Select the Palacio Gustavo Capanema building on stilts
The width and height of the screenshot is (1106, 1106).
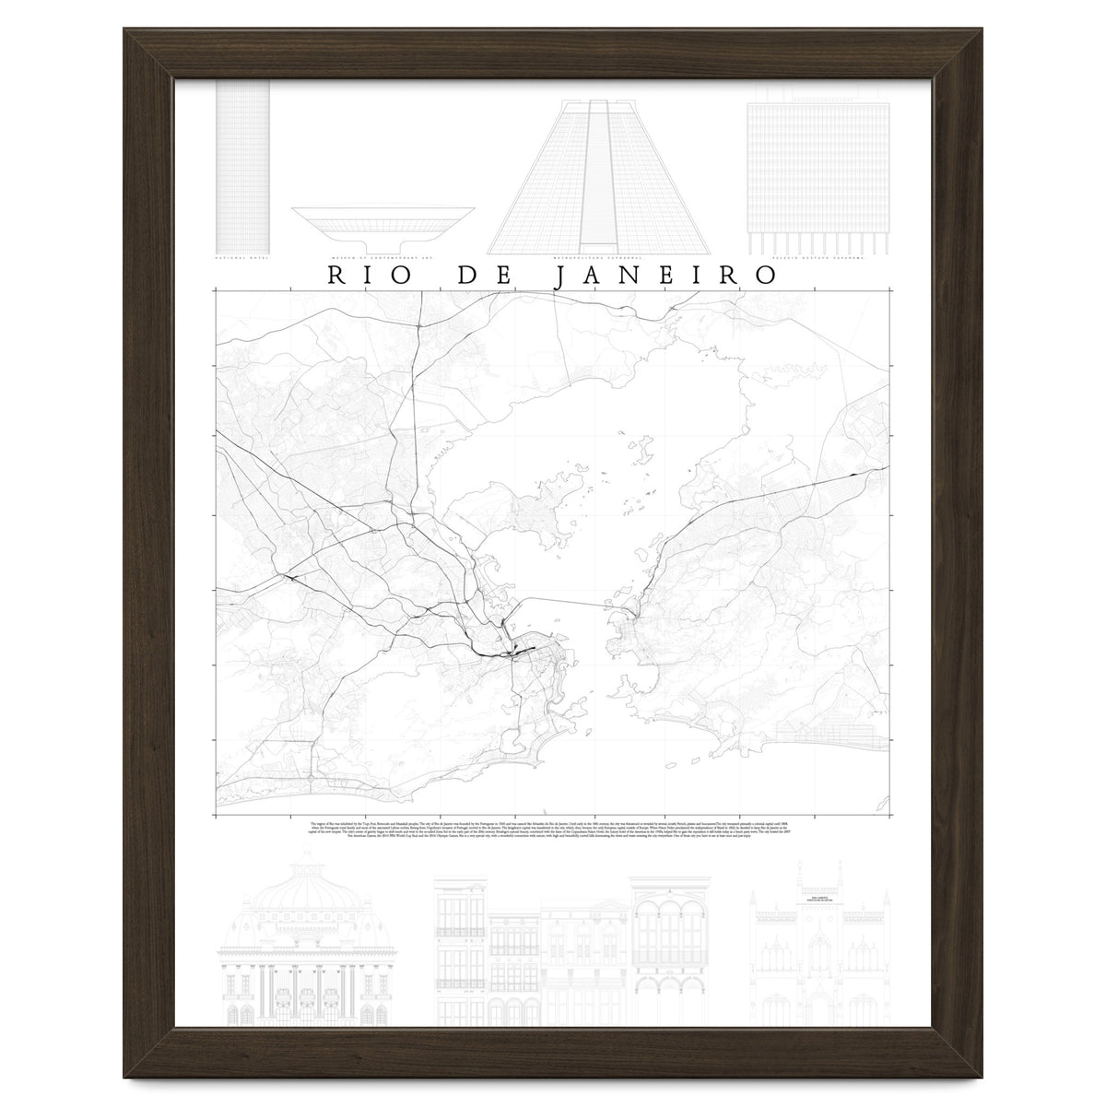click(x=817, y=175)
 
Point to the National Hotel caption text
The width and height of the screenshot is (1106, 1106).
click(x=243, y=259)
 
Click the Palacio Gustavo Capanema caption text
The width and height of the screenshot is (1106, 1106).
click(x=817, y=259)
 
